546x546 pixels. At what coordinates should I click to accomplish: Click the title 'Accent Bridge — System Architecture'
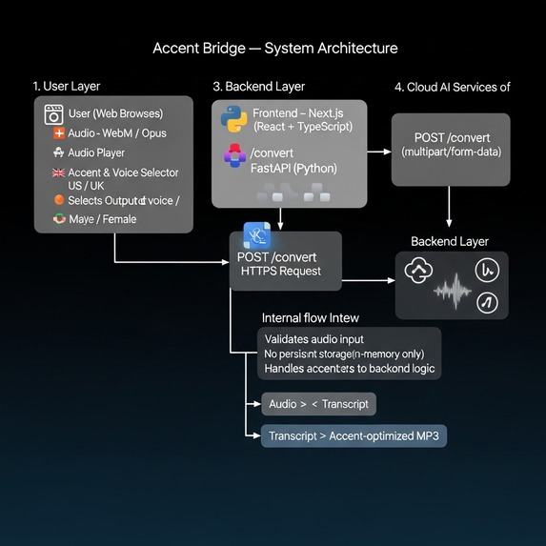pyautogui.click(x=275, y=48)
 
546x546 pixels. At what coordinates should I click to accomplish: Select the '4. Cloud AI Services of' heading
pyautogui.click(x=453, y=87)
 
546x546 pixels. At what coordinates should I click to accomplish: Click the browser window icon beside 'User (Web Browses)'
pyautogui.click(x=54, y=115)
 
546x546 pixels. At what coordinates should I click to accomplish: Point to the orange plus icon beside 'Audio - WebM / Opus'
pyautogui.click(x=59, y=134)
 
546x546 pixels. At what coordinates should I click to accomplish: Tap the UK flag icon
pyautogui.click(x=59, y=172)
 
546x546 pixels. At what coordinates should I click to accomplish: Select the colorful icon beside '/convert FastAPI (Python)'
pyautogui.click(x=234, y=156)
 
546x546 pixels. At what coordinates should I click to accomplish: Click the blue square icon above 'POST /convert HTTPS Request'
pyautogui.click(x=257, y=235)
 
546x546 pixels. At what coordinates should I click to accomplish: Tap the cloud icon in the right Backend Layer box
pyautogui.click(x=417, y=272)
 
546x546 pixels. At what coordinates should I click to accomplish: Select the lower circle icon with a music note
pyautogui.click(x=487, y=303)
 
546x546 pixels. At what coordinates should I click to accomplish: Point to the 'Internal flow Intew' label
pyautogui.click(x=311, y=317)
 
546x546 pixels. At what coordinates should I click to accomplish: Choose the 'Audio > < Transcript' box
pyautogui.click(x=318, y=404)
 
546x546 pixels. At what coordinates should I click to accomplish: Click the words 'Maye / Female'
pyautogui.click(x=102, y=219)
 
